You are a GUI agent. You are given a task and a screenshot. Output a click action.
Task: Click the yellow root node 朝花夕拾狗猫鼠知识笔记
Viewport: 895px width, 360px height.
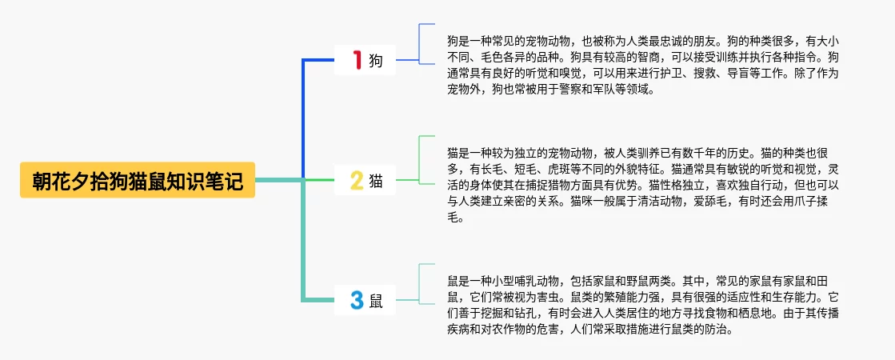[137, 181]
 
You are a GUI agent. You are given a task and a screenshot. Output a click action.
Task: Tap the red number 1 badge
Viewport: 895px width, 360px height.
[357, 59]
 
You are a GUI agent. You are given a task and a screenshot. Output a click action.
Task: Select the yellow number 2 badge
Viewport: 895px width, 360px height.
[357, 181]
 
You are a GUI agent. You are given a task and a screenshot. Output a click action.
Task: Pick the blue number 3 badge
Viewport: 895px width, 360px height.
[357, 301]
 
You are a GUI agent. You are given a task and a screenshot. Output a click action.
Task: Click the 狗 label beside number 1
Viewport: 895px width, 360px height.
[376, 60]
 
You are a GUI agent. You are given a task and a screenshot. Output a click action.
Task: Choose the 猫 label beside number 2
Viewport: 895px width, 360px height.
[376, 182]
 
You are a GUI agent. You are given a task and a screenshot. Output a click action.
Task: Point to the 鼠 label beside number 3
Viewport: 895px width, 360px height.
[376, 302]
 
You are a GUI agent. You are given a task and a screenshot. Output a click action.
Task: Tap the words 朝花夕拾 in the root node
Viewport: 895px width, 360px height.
[67, 181]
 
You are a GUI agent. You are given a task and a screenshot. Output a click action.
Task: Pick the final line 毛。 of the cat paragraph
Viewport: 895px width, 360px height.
[455, 218]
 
